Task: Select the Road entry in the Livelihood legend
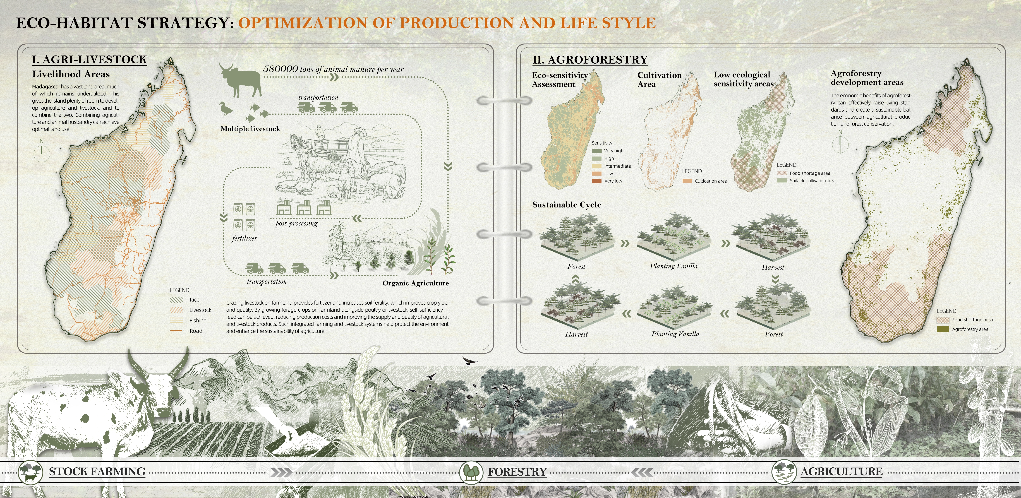tap(196, 331)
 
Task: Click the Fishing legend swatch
tap(176, 320)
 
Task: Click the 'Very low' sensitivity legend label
tap(613, 181)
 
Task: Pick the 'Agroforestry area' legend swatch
tap(943, 329)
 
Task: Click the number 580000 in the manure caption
tap(280, 69)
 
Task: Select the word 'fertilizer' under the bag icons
tap(244, 238)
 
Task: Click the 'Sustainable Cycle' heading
tap(566, 205)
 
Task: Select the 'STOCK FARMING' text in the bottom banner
tap(97, 471)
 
